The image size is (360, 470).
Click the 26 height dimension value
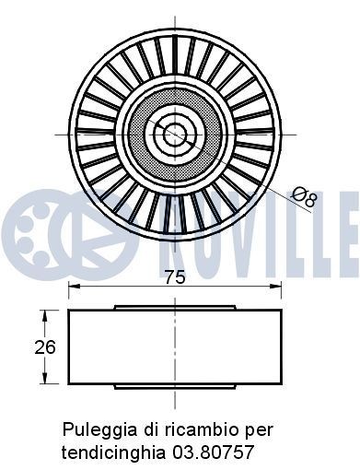coord(45,347)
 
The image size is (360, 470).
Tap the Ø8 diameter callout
coord(303,195)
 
